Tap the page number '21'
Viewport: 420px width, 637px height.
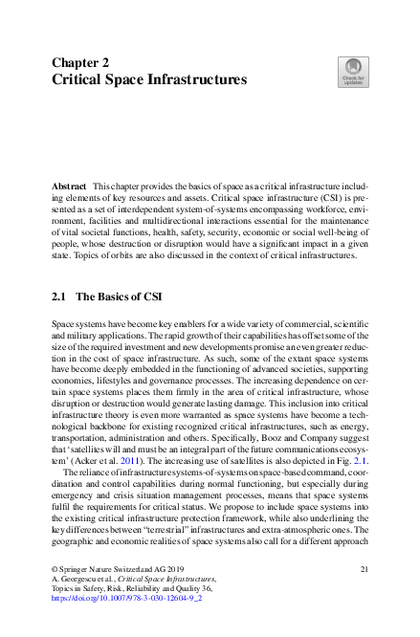click(364, 569)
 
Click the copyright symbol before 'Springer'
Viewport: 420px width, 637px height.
click(54, 569)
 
